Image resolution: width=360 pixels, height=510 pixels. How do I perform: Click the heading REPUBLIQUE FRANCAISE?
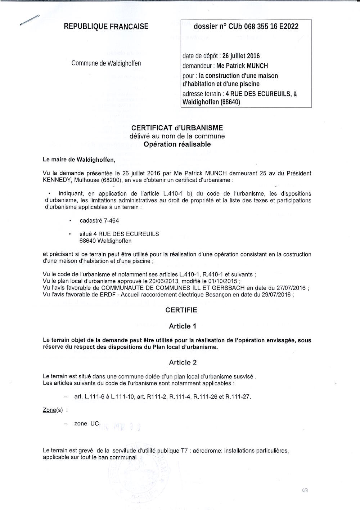click(x=106, y=26)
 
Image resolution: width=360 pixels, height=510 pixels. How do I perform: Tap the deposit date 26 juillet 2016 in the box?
click(x=241, y=56)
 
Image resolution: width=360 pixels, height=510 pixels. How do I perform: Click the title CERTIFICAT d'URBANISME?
click(x=177, y=128)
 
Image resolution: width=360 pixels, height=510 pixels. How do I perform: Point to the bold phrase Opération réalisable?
click(x=177, y=144)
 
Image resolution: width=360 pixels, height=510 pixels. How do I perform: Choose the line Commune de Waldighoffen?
click(x=106, y=63)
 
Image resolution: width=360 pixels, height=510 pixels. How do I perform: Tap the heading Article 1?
click(x=183, y=326)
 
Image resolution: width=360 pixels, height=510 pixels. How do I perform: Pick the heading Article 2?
click(x=183, y=362)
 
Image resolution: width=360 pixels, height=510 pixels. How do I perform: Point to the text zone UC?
click(x=86, y=424)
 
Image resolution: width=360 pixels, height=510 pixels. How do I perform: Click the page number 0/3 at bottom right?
click(x=305, y=491)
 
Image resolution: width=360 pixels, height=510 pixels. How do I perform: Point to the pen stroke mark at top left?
click(x=30, y=20)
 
